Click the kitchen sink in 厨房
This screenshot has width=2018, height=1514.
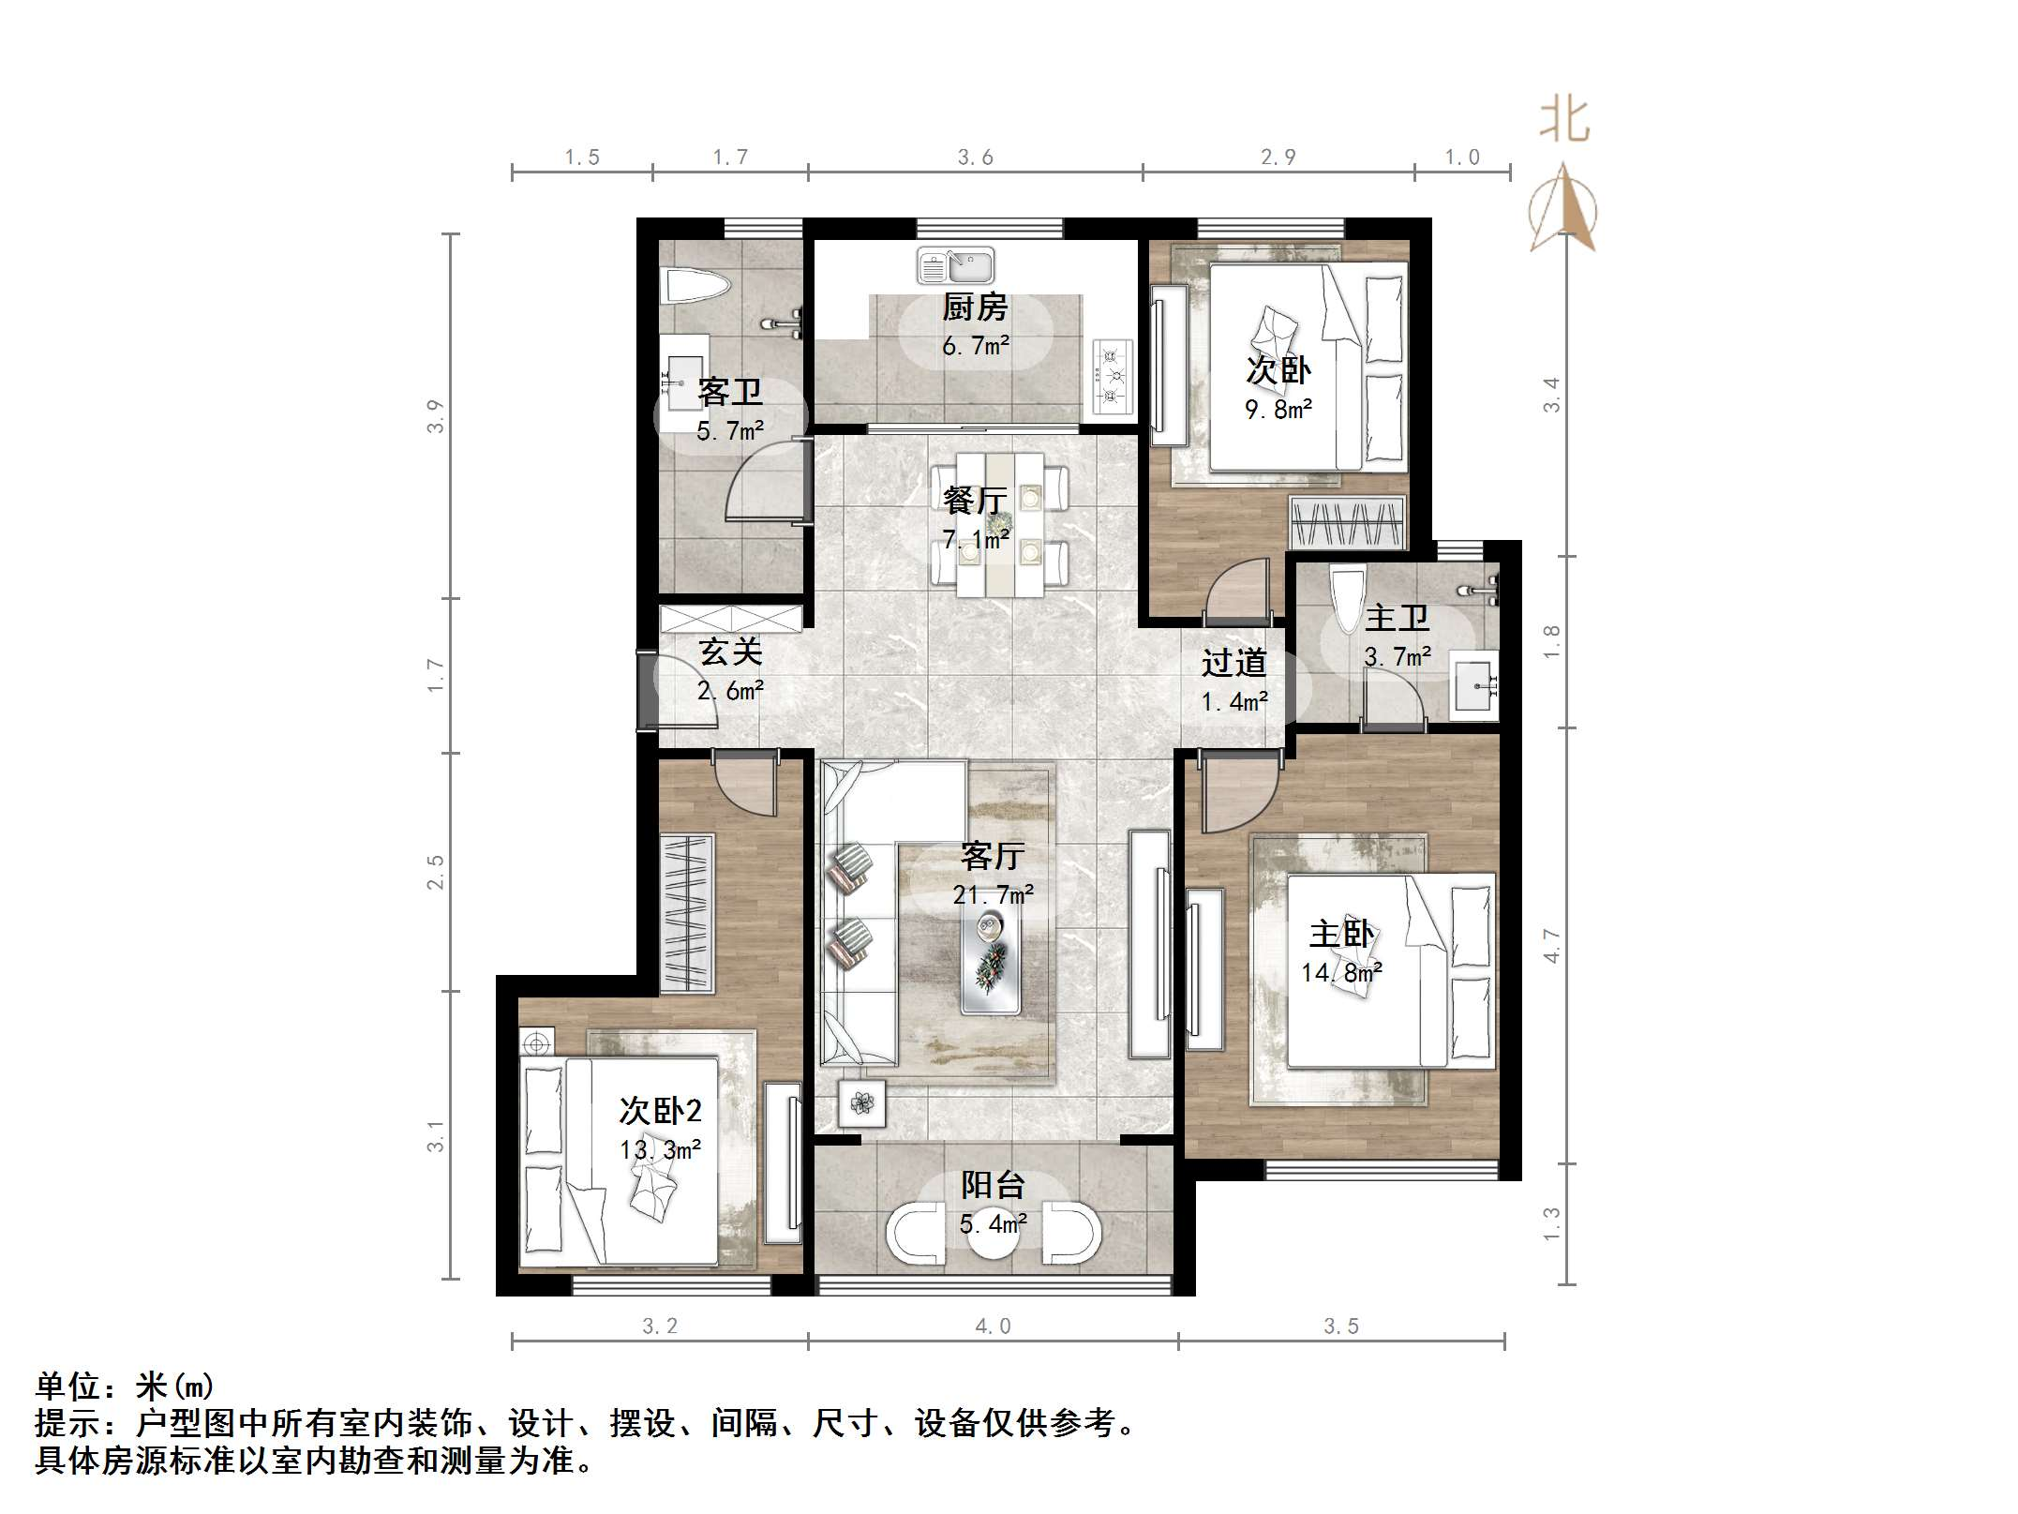pyautogui.click(x=954, y=265)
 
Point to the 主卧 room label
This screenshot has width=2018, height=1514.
pyautogui.click(x=1341, y=935)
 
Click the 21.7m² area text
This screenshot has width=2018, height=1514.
pyautogui.click(x=994, y=895)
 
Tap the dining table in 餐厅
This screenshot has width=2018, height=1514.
pyautogui.click(x=1000, y=525)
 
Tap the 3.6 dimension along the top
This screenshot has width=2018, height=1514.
pyautogui.click(x=975, y=157)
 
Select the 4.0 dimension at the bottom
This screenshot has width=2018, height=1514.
pyautogui.click(x=993, y=1327)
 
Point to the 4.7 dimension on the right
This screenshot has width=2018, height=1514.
pyautogui.click(x=1551, y=945)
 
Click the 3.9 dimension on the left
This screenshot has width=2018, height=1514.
pyautogui.click(x=435, y=416)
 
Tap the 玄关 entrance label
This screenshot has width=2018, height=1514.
pyautogui.click(x=730, y=652)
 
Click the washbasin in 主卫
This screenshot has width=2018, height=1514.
pyautogui.click(x=1474, y=689)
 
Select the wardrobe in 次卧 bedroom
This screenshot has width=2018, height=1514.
pyautogui.click(x=1347, y=522)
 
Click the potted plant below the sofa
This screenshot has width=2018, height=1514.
pyautogui.click(x=861, y=1102)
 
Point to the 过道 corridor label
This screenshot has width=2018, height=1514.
pyautogui.click(x=1233, y=663)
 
